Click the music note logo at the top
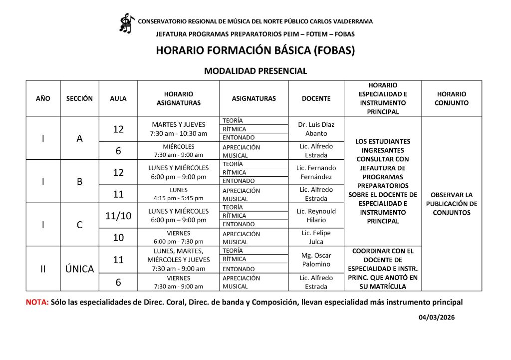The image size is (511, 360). tap(126, 23)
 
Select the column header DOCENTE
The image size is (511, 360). tap(316, 98)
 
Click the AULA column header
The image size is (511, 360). tap(118, 98)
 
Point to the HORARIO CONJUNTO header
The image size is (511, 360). tap(452, 98)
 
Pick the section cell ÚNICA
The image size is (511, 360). tap(80, 269)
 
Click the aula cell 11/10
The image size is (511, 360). tap(118, 216)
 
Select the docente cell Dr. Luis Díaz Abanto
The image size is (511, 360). tap(316, 129)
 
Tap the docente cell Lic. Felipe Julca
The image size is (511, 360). tap(316, 237)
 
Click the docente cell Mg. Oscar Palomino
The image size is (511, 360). tap(316, 260)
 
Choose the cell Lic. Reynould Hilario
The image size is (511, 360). tap(316, 216)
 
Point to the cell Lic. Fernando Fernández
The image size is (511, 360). tap(316, 172)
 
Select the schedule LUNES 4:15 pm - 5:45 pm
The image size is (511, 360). tap(179, 194)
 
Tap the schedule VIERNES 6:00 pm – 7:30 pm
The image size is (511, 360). tap(179, 237)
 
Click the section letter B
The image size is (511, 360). tap(80, 182)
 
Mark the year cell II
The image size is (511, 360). tap(43, 269)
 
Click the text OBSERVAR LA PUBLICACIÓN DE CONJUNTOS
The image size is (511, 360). tap(452, 204)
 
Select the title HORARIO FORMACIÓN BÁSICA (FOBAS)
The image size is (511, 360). tap(255, 51)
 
